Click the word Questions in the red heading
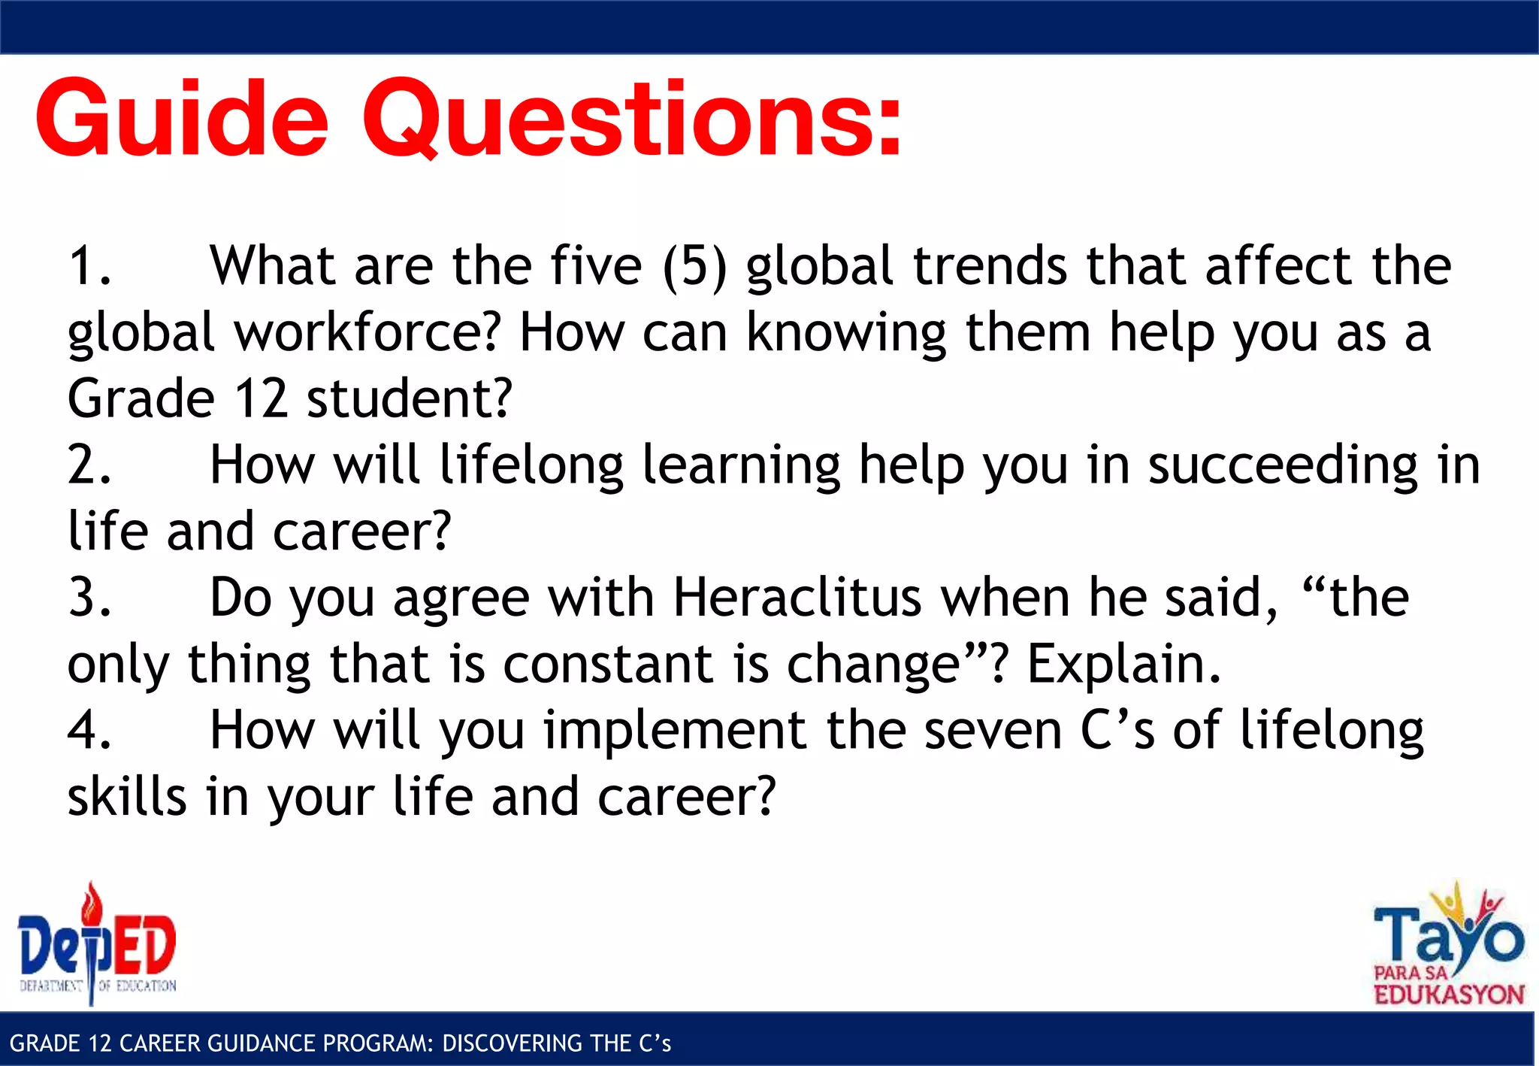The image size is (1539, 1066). (631, 120)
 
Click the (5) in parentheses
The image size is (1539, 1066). (694, 266)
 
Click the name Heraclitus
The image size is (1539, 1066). (797, 598)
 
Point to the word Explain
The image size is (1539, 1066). (1123, 665)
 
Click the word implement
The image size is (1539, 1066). (675, 731)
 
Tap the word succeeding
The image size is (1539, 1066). (1282, 465)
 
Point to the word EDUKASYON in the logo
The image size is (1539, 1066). (1448, 995)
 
